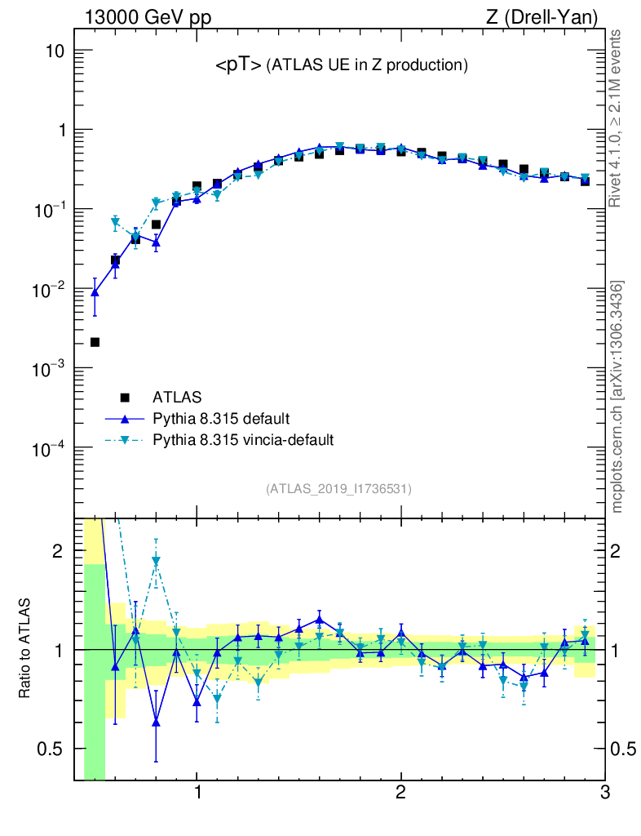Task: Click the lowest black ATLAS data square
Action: click(x=95, y=342)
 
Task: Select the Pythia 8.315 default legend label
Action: click(x=221, y=419)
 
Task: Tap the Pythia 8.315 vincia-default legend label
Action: click(x=243, y=440)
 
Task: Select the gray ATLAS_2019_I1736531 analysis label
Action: click(x=338, y=489)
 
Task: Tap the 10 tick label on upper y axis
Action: click(x=53, y=51)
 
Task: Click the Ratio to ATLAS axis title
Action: click(x=25, y=649)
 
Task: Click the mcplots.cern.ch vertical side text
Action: click(x=617, y=397)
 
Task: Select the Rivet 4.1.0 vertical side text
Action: click(x=617, y=118)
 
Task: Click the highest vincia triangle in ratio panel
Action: click(x=156, y=561)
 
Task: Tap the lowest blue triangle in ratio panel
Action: click(x=156, y=722)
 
